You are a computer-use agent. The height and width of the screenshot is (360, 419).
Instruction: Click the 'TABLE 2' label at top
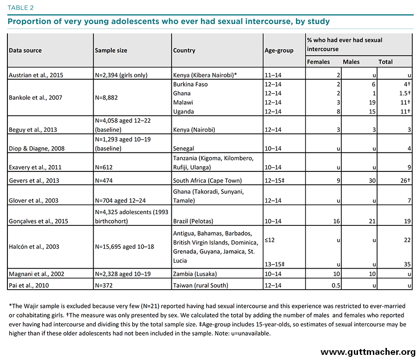click(20, 8)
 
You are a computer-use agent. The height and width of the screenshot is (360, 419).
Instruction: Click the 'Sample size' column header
click(111, 50)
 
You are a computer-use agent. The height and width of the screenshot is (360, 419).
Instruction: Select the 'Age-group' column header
click(279, 50)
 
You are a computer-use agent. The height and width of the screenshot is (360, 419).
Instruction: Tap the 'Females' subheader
click(318, 62)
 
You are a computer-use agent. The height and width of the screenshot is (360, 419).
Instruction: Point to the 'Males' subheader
click(351, 62)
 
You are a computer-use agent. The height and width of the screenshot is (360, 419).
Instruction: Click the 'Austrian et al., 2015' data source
click(36, 75)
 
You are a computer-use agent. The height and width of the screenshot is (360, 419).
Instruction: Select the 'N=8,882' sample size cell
click(106, 97)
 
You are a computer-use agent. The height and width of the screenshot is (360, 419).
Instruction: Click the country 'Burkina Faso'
click(190, 84)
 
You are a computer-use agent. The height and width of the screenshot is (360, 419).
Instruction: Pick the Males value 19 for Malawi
click(372, 102)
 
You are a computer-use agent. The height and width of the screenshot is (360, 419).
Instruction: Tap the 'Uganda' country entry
click(183, 111)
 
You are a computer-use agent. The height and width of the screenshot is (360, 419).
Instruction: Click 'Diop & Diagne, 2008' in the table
click(37, 148)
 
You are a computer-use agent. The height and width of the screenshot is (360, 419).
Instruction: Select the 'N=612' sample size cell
click(104, 167)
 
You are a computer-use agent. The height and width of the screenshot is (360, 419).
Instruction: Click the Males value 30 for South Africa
click(372, 181)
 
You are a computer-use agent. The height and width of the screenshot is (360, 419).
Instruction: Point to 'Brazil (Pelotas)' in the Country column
click(193, 221)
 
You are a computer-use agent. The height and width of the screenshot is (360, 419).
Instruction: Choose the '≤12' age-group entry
click(270, 240)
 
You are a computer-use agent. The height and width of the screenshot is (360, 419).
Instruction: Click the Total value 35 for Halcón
click(407, 265)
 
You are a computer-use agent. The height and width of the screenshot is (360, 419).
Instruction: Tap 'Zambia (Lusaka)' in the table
click(195, 274)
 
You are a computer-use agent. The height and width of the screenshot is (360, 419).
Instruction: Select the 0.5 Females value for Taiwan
click(336, 285)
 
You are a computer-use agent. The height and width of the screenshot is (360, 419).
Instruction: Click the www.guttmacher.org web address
click(368, 352)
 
